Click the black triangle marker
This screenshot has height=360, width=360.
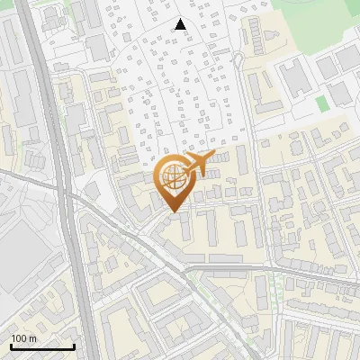pyautogui.click(x=181, y=24)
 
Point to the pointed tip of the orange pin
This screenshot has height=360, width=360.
pyautogui.click(x=173, y=212)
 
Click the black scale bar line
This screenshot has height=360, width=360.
pyautogui.click(x=42, y=346)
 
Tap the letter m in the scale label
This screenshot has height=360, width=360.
pyautogui.click(x=32, y=338)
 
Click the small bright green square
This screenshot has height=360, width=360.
pyautogui.click(x=322, y=104)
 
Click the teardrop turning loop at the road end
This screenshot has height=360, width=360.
pyautogui.click(x=238, y=60)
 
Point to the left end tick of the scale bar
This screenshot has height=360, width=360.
pyautogui.click(x=11, y=346)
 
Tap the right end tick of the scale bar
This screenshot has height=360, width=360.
pyautogui.click(x=74, y=346)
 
